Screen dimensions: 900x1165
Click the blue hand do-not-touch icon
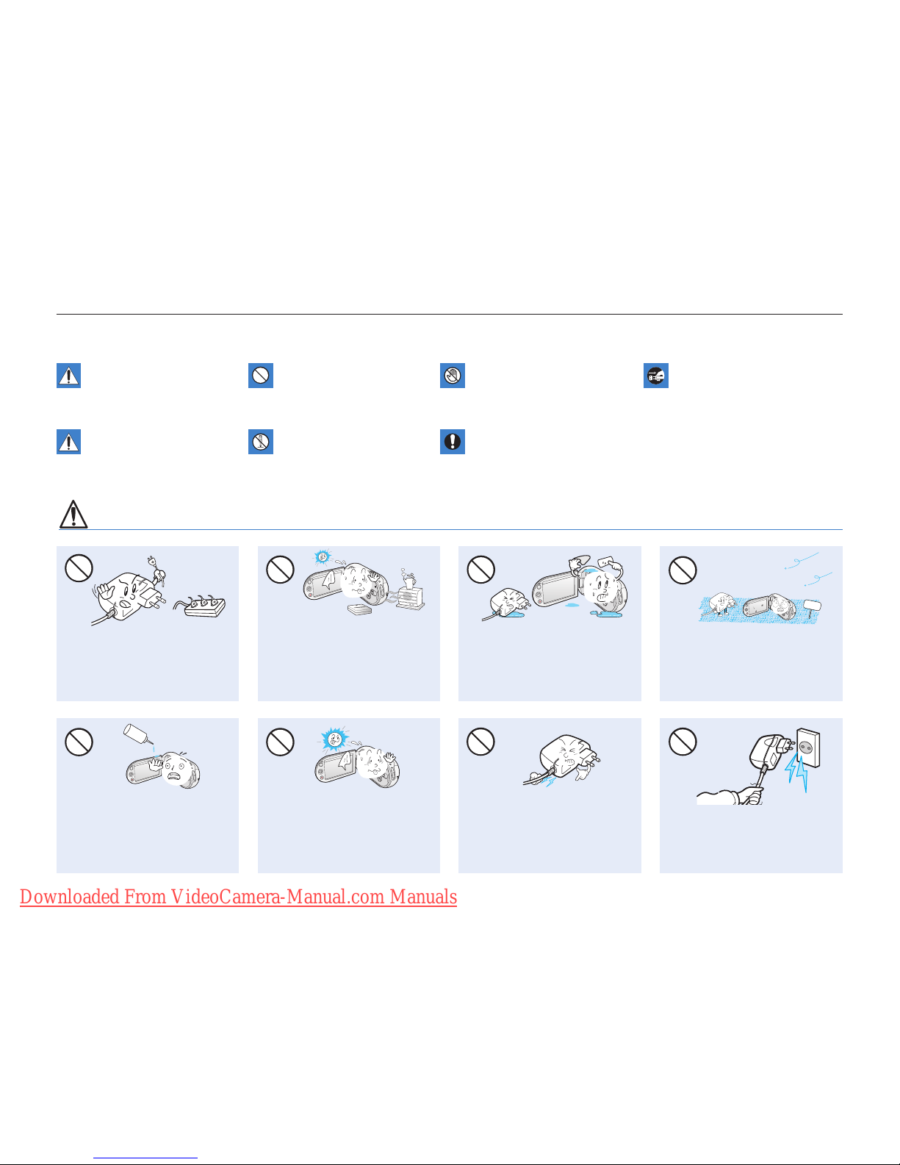pos(452,376)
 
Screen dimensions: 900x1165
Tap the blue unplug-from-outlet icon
pos(655,376)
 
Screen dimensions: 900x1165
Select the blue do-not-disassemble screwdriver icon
pos(260,442)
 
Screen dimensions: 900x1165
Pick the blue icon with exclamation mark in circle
pos(452,442)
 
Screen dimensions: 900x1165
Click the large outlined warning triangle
pos(73,515)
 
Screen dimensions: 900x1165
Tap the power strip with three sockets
pos(201,605)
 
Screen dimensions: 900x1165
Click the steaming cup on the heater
pos(410,579)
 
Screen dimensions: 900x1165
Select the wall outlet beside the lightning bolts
pos(808,748)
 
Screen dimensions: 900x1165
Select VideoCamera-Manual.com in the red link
pos(278,897)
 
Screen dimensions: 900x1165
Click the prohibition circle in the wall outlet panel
pos(683,742)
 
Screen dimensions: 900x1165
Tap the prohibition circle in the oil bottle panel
pos(79,742)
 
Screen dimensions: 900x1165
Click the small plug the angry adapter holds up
pos(156,568)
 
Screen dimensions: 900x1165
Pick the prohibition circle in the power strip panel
pos(79,568)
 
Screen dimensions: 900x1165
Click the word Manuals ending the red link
pos(423,897)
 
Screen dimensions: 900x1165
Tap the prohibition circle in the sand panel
pos(683,570)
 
